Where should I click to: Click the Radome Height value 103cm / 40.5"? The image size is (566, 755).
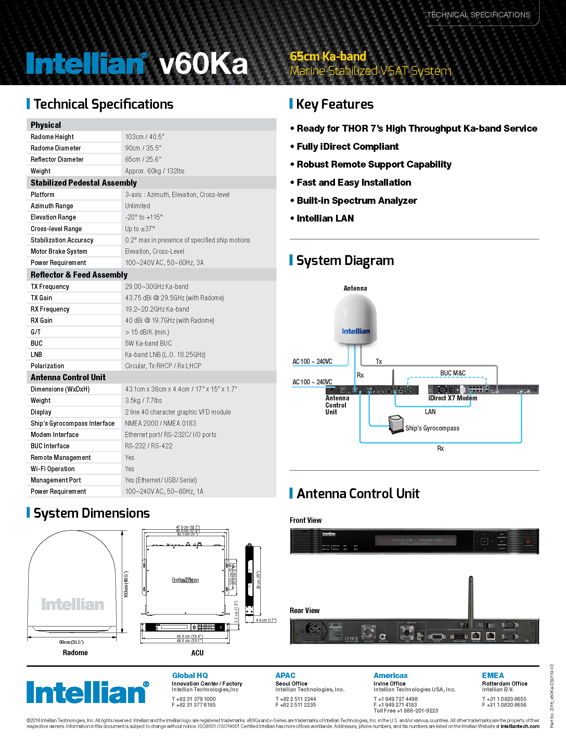tap(144, 137)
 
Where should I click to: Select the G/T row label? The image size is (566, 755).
tap(36, 332)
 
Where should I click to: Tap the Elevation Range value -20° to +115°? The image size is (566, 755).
tap(144, 217)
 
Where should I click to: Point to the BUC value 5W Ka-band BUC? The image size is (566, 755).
tap(148, 343)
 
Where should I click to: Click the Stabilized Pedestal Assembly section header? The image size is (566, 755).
tap(83, 183)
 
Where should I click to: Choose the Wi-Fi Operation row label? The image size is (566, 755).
tap(52, 469)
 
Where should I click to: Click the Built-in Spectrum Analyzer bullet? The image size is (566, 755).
tap(357, 201)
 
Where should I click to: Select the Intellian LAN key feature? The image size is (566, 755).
tap(325, 218)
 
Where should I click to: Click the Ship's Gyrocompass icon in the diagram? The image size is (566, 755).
tap(396, 424)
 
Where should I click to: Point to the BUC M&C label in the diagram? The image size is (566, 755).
tap(452, 373)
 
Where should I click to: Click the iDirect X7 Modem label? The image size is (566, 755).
tap(452, 398)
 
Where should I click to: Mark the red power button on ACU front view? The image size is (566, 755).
tap(528, 542)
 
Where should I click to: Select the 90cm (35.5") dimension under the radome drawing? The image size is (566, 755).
tap(71, 642)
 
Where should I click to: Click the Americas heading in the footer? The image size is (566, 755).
tap(390, 676)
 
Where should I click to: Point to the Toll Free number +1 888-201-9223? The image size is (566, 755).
tap(406, 711)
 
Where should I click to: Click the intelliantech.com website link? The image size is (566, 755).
tap(520, 726)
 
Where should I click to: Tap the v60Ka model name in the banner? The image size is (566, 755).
tap(203, 64)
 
